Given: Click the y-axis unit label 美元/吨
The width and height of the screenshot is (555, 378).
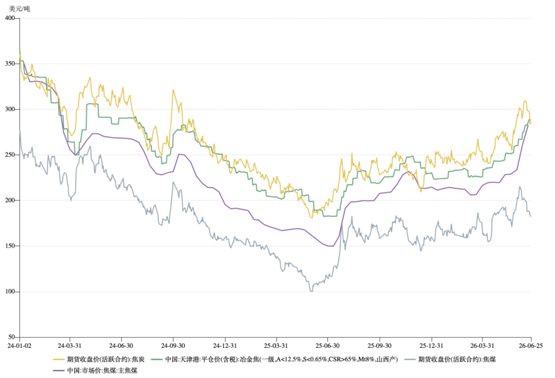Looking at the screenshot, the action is point(20,9).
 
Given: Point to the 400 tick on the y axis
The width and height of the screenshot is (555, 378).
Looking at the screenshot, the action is point(11,18).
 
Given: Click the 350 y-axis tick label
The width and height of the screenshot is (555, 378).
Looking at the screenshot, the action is point(11,64).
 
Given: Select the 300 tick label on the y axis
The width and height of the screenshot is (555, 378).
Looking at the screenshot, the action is point(11,109).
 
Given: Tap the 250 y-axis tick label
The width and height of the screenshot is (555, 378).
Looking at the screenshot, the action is point(11,155).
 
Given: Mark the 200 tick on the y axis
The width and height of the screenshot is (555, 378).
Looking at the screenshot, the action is point(11,201).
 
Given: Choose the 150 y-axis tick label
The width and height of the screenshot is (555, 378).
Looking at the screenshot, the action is point(11,246).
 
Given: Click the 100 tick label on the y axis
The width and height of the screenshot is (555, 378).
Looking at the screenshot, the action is point(11,292).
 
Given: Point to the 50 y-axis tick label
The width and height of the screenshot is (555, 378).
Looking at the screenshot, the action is point(12,337).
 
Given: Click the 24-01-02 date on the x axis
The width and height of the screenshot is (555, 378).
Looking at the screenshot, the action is point(19,345).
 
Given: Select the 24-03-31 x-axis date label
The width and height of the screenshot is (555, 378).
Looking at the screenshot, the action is point(70,345).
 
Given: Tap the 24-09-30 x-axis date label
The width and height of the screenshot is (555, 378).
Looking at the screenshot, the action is point(173,345).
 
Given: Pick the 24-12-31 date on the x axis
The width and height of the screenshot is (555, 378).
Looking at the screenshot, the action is point(225,345).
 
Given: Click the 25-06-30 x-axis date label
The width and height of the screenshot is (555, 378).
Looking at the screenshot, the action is point(328,345).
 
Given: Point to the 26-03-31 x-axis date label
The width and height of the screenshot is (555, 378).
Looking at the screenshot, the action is point(482,345).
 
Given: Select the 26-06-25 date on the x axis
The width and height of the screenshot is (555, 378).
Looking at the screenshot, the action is point(531,345).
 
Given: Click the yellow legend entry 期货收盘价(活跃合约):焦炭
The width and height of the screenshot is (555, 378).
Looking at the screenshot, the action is point(99,360).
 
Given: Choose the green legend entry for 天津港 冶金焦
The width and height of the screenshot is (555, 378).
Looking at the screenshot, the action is point(274,360).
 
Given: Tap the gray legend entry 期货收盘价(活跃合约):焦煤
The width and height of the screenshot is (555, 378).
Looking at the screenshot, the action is point(451,360).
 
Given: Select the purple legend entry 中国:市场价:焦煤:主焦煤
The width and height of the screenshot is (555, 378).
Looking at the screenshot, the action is point(95,371).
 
